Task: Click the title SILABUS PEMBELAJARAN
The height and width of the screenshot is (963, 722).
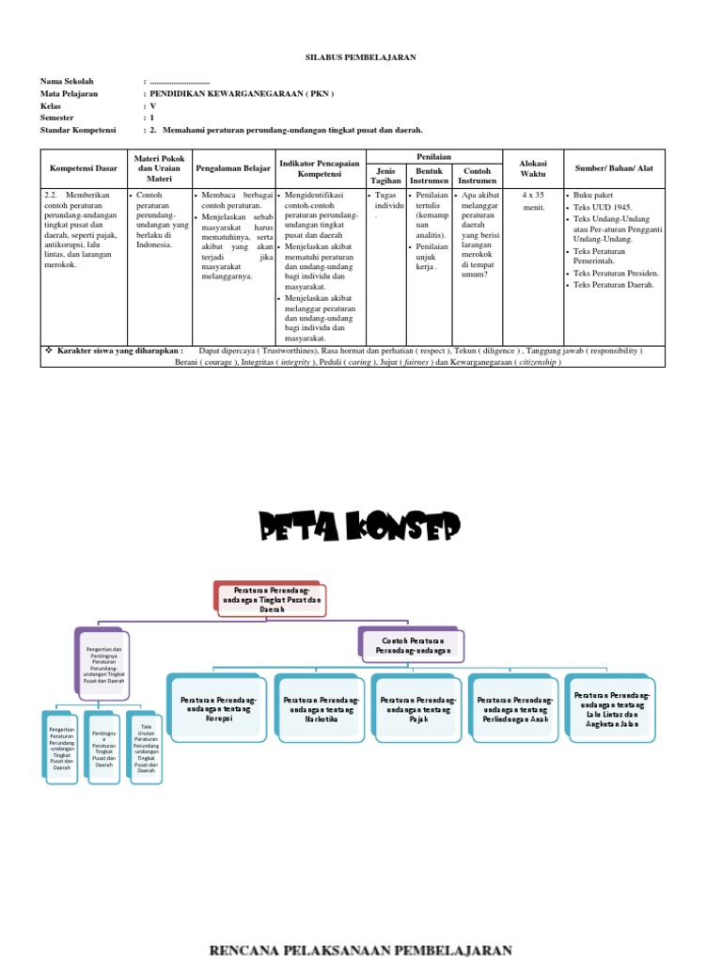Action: point(361,57)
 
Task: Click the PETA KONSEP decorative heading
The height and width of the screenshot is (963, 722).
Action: point(361,528)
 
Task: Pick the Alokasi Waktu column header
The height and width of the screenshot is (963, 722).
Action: point(533,168)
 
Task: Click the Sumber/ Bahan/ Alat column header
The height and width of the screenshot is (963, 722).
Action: point(614,168)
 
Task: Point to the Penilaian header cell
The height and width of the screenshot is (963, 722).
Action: point(433,156)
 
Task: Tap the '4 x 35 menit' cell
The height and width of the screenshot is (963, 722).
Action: point(533,201)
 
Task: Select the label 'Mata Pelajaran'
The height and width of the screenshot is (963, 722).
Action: point(70,94)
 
